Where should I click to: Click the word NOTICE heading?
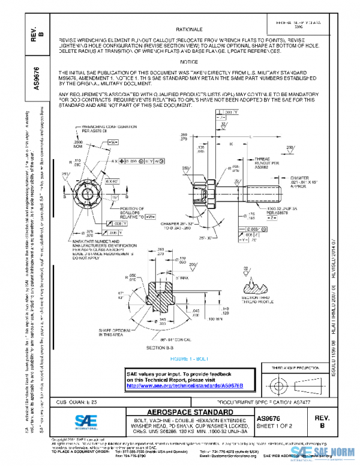[189, 62]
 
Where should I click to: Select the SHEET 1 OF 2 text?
[274, 426]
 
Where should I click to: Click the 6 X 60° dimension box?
[112, 181]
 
